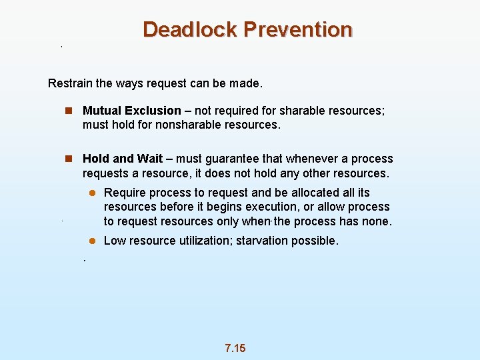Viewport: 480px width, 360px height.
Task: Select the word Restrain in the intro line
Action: pyautogui.click(x=70, y=84)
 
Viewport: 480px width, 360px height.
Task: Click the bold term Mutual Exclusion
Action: pyautogui.click(x=131, y=111)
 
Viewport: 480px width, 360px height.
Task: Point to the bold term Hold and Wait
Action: pyautogui.click(x=122, y=159)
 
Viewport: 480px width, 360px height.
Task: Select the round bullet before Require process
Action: pyautogui.click(x=94, y=193)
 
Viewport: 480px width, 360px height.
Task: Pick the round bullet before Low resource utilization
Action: pyautogui.click(x=94, y=241)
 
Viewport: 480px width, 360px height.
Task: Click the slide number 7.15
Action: pyautogui.click(x=235, y=348)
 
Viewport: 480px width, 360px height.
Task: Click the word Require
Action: pyautogui.click(x=125, y=193)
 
